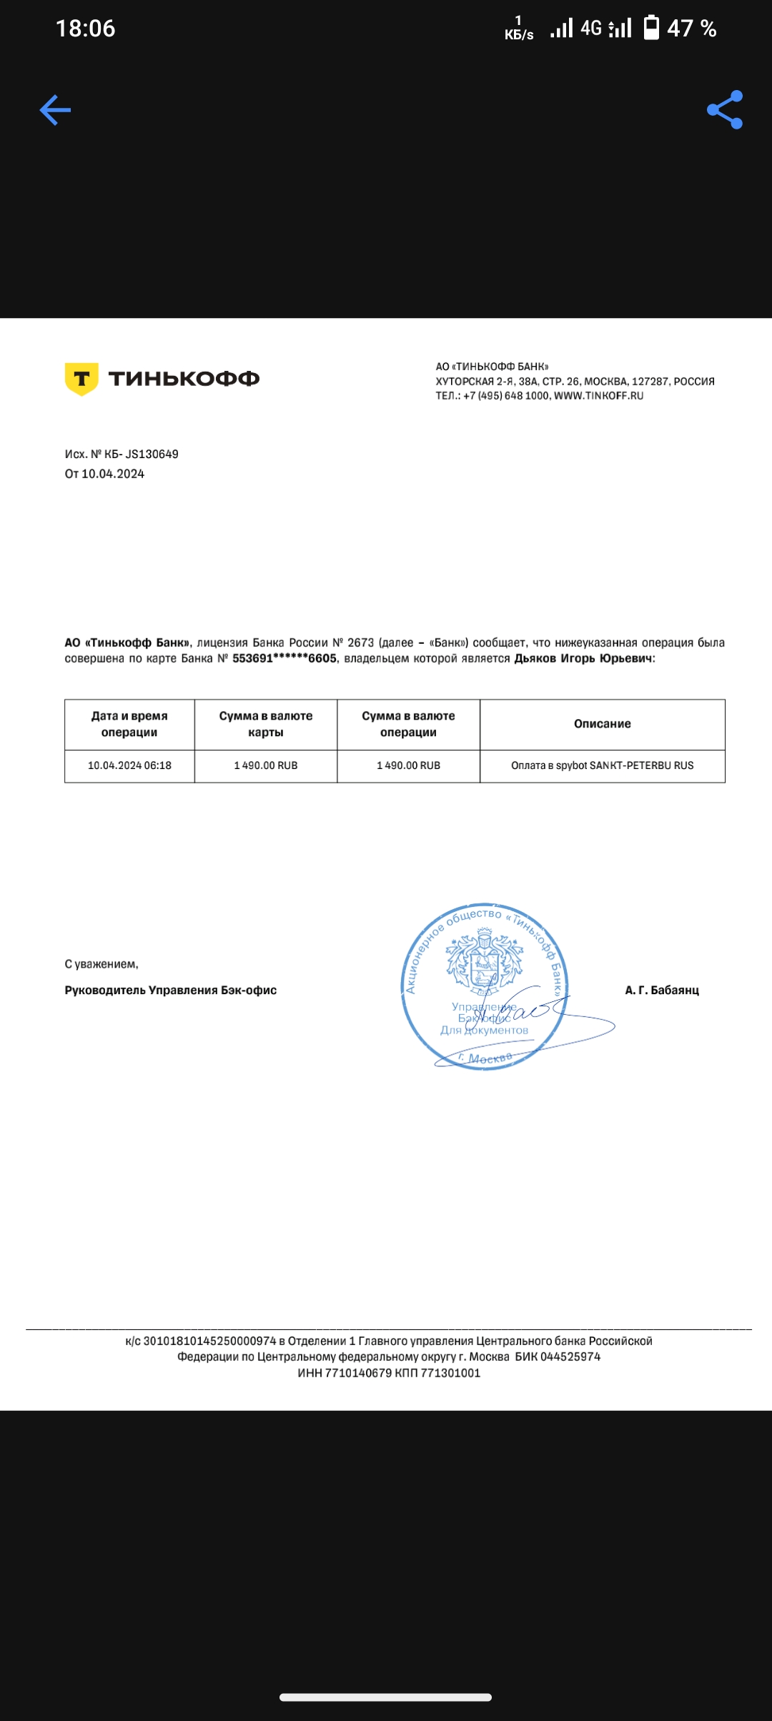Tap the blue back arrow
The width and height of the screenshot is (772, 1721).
(x=55, y=110)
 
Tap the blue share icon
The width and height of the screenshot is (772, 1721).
(x=725, y=110)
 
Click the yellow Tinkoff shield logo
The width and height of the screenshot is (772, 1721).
(x=81, y=379)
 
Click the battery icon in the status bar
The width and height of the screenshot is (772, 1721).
(x=651, y=28)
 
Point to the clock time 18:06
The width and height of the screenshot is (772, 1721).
(x=85, y=29)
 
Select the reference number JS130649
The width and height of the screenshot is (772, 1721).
(x=152, y=455)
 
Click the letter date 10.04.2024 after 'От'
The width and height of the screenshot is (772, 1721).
(x=113, y=474)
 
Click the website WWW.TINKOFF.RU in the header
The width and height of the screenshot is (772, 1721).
(x=598, y=396)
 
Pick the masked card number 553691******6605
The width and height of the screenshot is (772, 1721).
(x=284, y=658)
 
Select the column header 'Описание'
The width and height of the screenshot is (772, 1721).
(x=602, y=724)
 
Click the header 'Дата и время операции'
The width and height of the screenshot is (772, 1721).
(x=129, y=724)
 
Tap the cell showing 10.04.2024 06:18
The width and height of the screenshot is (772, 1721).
(x=129, y=765)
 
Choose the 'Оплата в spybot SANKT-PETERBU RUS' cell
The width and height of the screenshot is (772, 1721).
(x=602, y=765)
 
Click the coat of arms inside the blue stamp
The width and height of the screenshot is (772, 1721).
(x=484, y=961)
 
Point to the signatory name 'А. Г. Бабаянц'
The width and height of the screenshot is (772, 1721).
(x=662, y=990)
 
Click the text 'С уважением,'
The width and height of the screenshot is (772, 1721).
(x=102, y=964)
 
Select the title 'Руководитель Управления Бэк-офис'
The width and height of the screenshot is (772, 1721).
(x=170, y=990)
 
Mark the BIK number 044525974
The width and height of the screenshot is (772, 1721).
(x=570, y=1357)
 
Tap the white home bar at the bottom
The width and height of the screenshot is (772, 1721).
(x=385, y=1697)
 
